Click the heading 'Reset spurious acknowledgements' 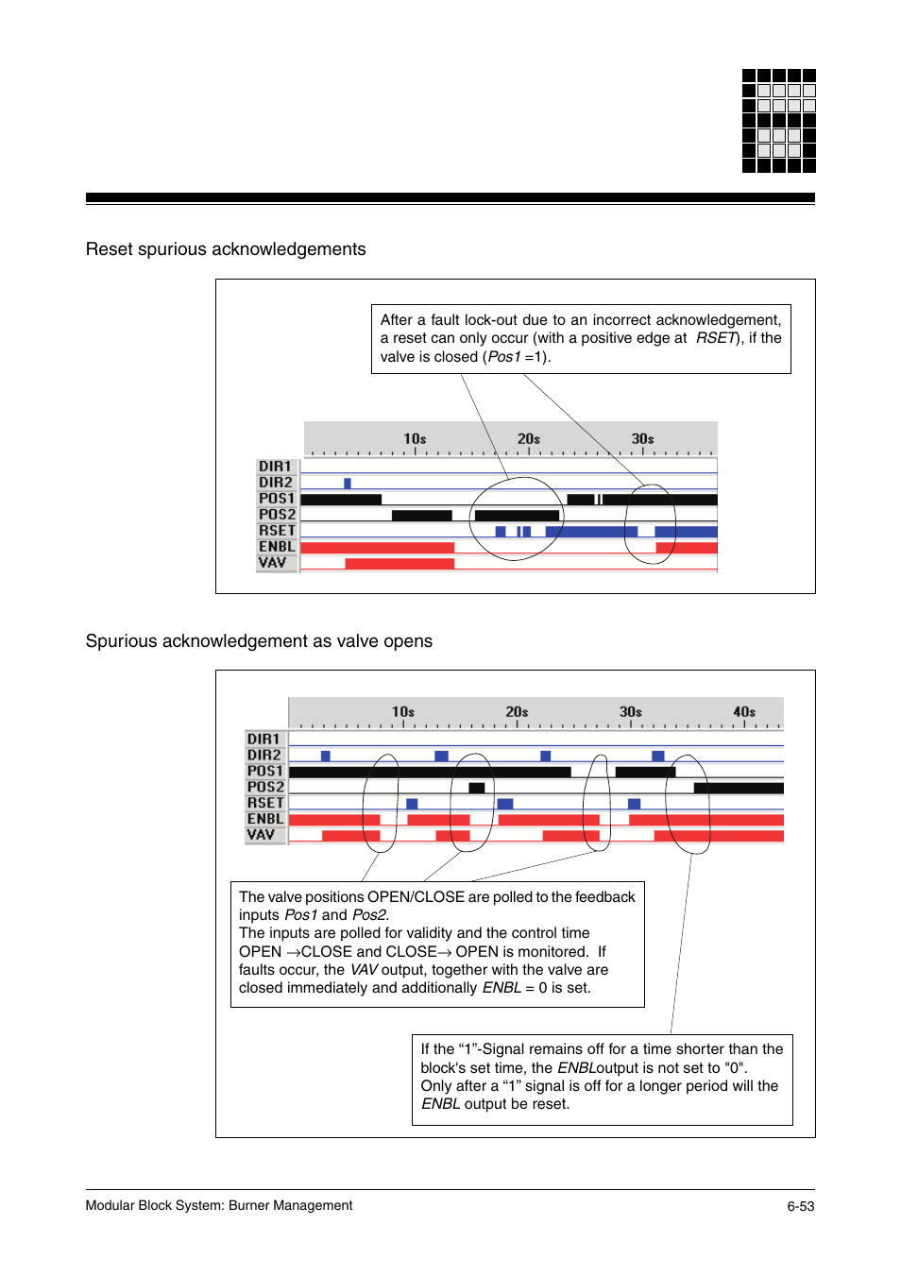point(226,249)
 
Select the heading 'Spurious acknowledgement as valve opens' point(259,641)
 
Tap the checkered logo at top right point(778,121)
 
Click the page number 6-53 point(800,1206)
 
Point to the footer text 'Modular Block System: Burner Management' point(219,1205)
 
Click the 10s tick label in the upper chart point(415,439)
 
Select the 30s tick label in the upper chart point(642,439)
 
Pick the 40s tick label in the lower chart point(744,712)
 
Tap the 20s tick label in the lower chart point(517,712)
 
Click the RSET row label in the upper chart point(277,531)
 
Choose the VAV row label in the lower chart point(262,835)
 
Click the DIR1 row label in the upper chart point(276,467)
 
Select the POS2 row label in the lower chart point(265,787)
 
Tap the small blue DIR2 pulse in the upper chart point(348,484)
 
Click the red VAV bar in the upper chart point(399,564)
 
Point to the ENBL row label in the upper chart point(277,547)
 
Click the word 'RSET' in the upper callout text point(716,338)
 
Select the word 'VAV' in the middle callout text point(365,970)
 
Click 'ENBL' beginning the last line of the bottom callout point(440,1104)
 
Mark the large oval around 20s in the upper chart point(517,519)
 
